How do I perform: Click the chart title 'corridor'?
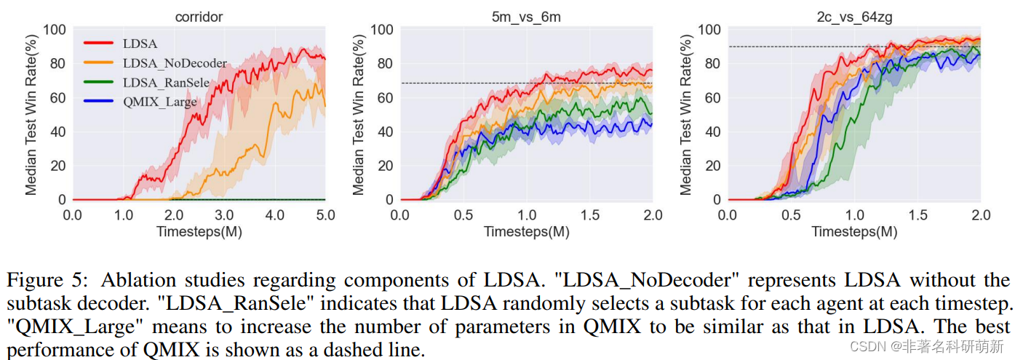pyautogui.click(x=198, y=15)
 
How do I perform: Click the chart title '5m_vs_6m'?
pyautogui.click(x=526, y=15)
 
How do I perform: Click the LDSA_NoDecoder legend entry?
pyautogui.click(x=175, y=63)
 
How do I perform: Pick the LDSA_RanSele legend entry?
pyautogui.click(x=169, y=83)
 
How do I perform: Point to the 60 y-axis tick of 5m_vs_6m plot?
pyautogui.click(x=385, y=97)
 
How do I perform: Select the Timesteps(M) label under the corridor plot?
pyautogui.click(x=199, y=231)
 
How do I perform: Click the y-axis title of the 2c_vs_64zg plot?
pyautogui.click(x=685, y=114)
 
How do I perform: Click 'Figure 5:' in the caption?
pyautogui.click(x=49, y=281)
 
